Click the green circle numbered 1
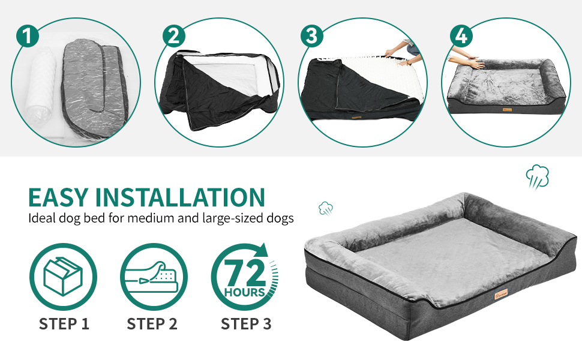click(28, 35)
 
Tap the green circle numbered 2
click(173, 36)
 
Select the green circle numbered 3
click(310, 35)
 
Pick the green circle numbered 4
click(461, 35)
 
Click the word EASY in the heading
click(58, 197)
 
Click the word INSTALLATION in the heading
click(180, 197)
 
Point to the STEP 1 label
click(64, 325)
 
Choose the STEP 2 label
click(152, 325)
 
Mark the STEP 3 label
click(245, 325)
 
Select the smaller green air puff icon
click(326, 208)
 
